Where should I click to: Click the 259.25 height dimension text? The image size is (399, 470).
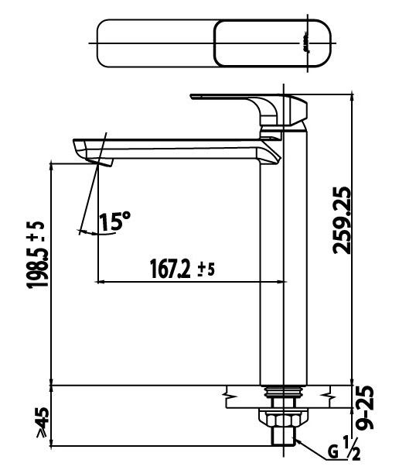[341, 221]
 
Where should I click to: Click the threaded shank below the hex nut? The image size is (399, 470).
[283, 441]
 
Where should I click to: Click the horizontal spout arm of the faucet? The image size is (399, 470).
[178, 149]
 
